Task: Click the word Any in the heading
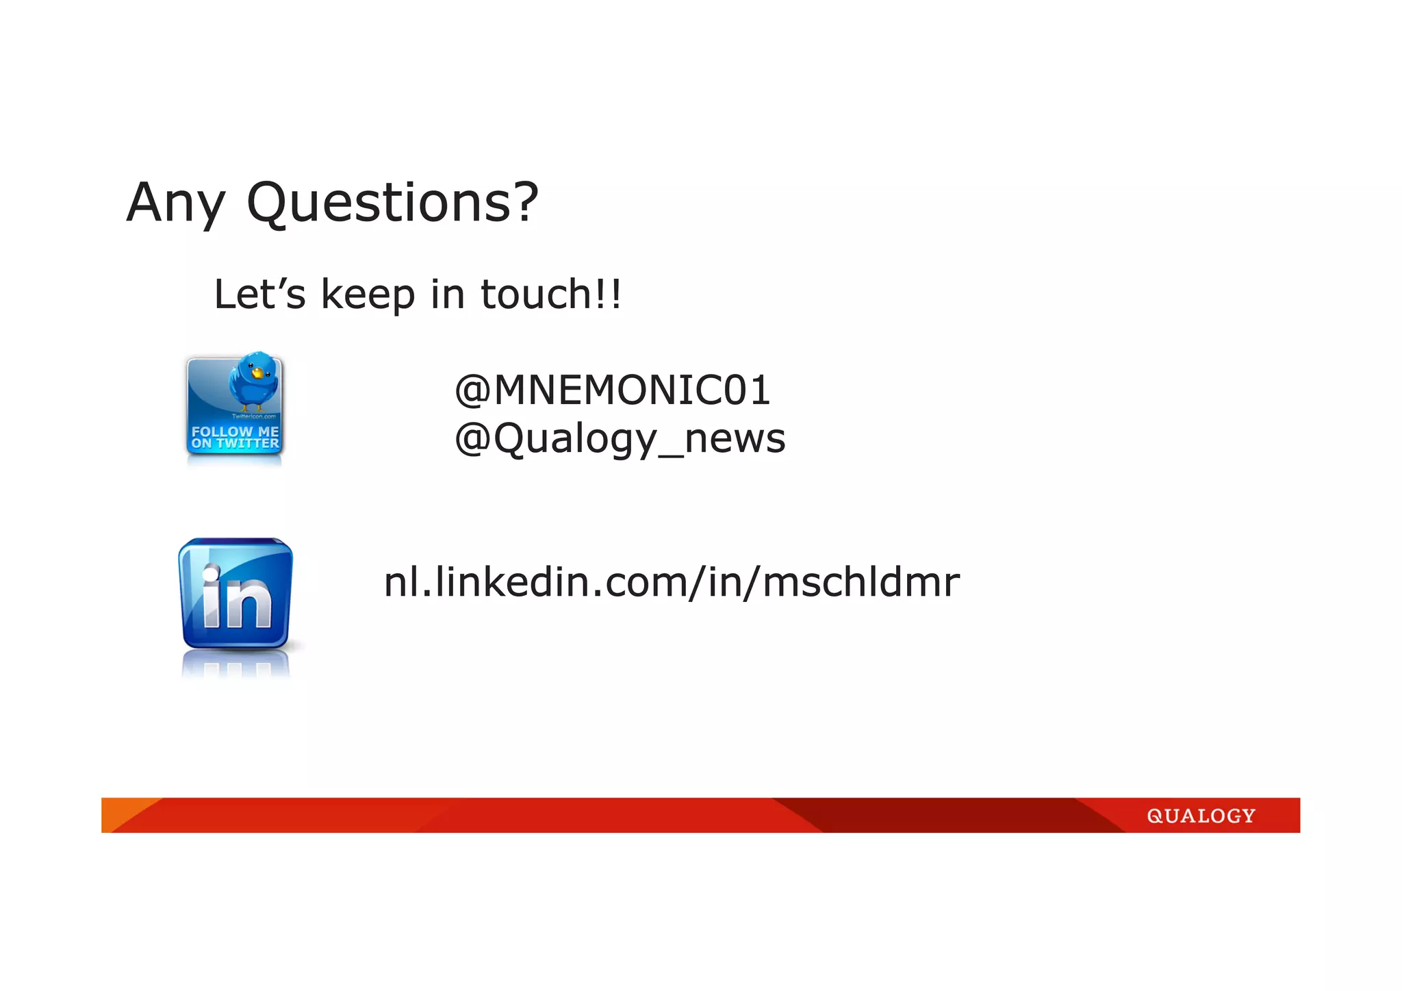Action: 175,203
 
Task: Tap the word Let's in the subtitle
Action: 259,294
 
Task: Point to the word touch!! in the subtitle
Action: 551,294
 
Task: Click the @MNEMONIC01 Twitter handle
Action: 613,390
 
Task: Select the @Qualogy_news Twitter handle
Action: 620,439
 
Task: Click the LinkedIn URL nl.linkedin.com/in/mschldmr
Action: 671,583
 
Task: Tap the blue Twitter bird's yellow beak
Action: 257,373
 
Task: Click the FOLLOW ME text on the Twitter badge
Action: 235,431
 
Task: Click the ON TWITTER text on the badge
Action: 235,444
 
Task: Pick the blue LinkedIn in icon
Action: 235,593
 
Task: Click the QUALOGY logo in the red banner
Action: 1201,816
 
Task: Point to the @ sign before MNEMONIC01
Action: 472,391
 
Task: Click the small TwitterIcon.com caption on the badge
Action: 253,416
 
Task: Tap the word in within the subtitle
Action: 448,294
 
